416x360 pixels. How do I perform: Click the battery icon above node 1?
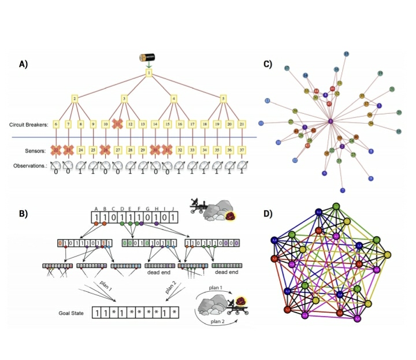pyautogui.click(x=148, y=57)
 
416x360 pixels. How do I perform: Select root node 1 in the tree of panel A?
pyautogui.click(x=148, y=73)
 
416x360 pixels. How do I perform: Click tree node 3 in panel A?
pyautogui.click(x=124, y=99)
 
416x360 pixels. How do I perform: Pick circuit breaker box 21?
pyautogui.click(x=243, y=124)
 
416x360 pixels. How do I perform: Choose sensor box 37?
pyautogui.click(x=243, y=150)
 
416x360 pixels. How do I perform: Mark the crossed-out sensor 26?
pyautogui.click(x=105, y=150)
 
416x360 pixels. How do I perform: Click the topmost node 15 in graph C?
pyautogui.click(x=346, y=54)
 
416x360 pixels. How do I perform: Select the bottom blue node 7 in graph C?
pyautogui.click(x=342, y=190)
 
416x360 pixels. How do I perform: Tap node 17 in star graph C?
pyautogui.click(x=287, y=69)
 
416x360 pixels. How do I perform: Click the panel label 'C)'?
pyautogui.click(x=268, y=64)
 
